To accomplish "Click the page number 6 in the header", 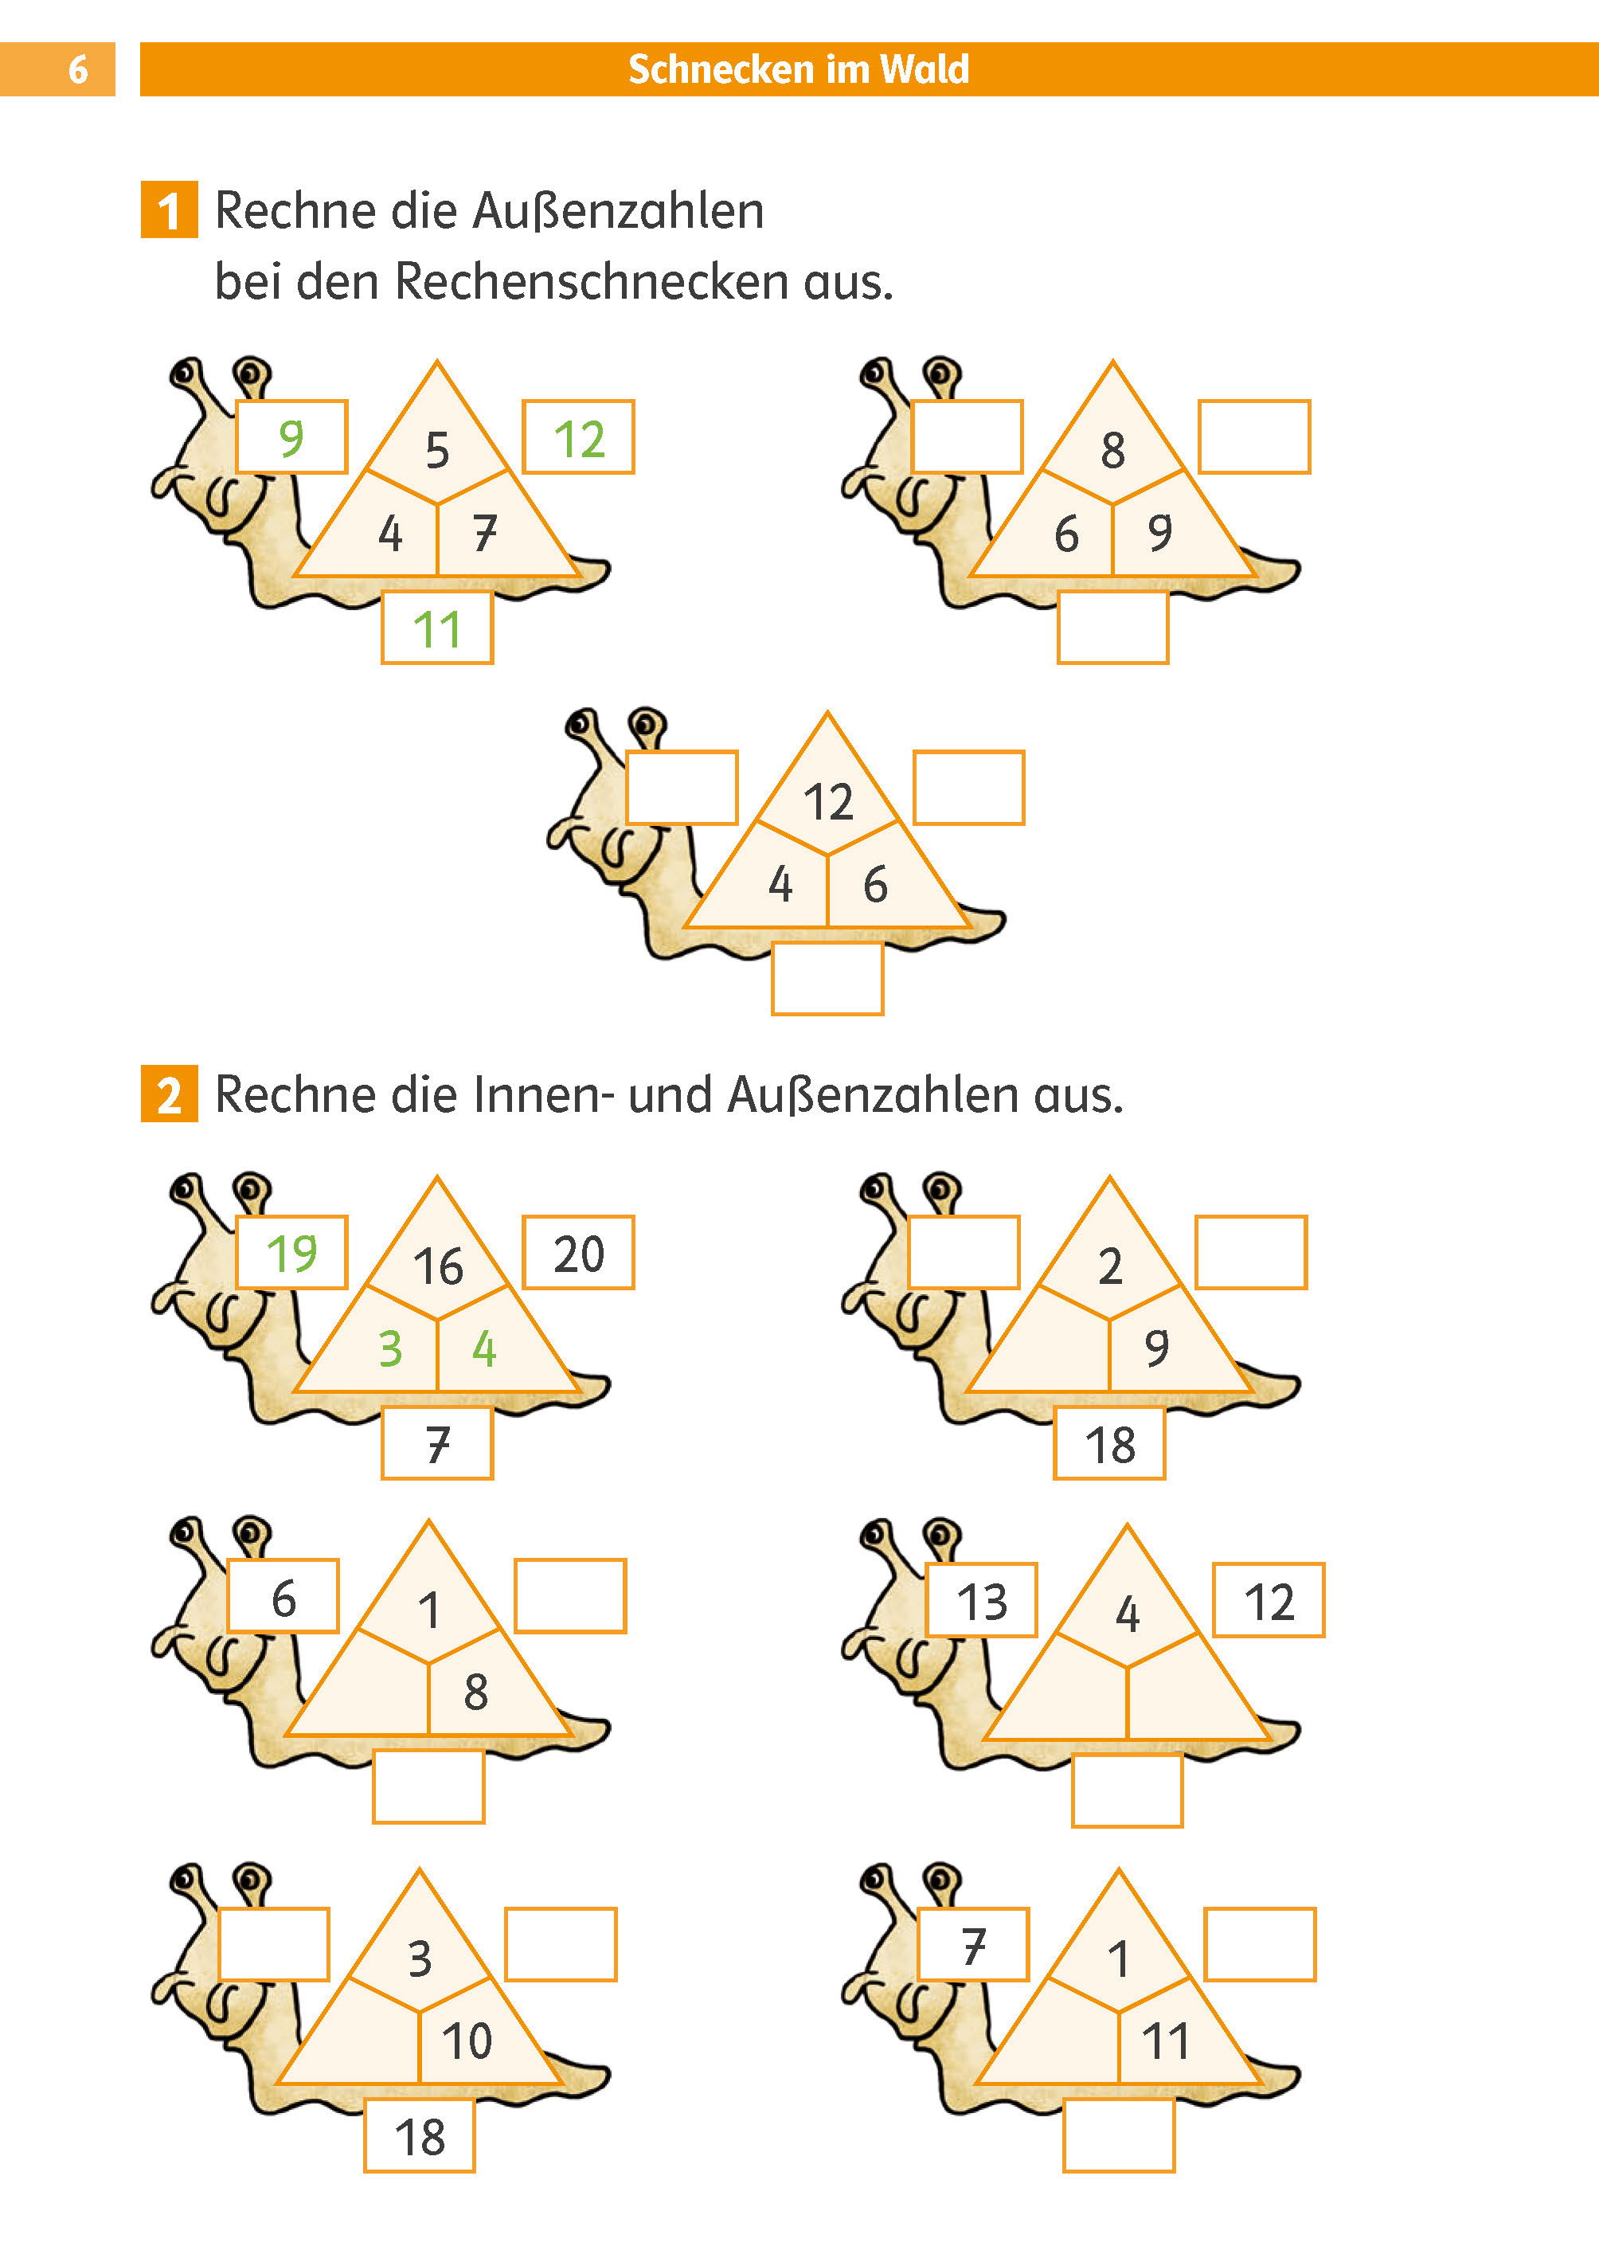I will [78, 70].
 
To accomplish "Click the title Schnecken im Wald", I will [799, 70].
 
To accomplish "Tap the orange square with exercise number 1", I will [170, 209].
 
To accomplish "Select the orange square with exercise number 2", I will [170, 1094].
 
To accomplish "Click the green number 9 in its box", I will [291, 437].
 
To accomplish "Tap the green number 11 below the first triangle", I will [437, 629].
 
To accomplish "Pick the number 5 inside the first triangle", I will [437, 450].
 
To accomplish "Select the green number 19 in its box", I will [291, 1254].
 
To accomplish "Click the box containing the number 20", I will [578, 1254].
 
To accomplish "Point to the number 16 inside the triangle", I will [437, 1266].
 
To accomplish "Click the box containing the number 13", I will [982, 1601].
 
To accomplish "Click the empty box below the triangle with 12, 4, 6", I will [827, 979].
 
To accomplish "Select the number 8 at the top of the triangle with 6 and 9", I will [1112, 450].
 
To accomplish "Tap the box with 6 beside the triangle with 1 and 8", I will [283, 1597].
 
